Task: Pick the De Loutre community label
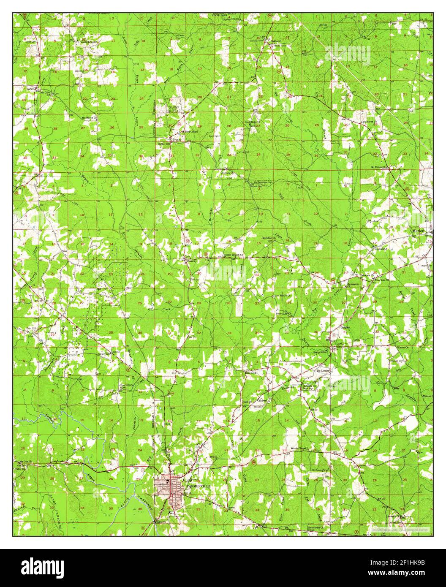[325, 370]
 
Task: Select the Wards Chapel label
[300, 448]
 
